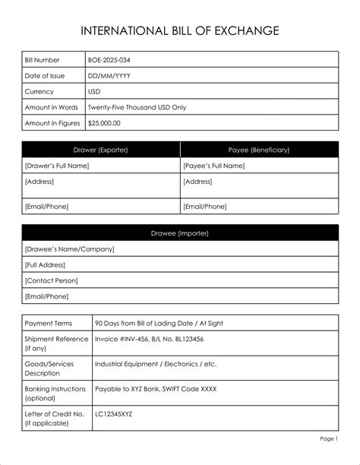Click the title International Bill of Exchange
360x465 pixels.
coord(180,31)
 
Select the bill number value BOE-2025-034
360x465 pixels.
coord(114,59)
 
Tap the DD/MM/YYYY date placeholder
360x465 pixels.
coord(109,75)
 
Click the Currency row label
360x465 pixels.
coord(39,91)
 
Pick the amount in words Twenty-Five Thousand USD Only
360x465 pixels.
coord(137,107)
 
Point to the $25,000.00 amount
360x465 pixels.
coord(105,123)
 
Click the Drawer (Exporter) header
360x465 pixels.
coord(100,150)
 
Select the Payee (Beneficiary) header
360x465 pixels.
coord(259,150)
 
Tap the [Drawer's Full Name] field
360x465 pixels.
coord(57,166)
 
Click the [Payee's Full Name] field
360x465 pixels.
coord(213,166)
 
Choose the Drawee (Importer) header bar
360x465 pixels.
coord(180,232)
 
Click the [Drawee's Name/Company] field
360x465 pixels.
coord(69,248)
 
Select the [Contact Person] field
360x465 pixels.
coord(52,280)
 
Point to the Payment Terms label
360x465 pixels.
coord(49,323)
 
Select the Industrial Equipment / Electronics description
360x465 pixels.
coord(155,364)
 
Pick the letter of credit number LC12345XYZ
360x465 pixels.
coord(114,414)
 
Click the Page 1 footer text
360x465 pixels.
coord(328,439)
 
